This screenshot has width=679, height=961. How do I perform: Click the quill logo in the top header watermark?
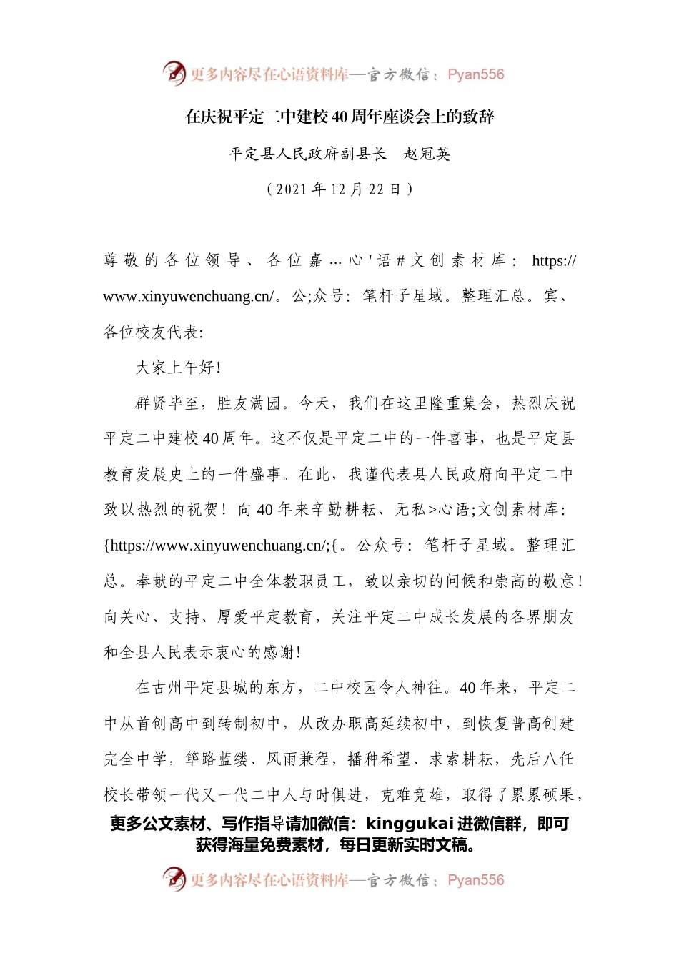[174, 73]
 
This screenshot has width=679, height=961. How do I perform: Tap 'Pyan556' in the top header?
[475, 74]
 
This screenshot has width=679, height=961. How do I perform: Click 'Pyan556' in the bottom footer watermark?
[475, 880]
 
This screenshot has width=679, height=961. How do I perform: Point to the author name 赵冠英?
[427, 154]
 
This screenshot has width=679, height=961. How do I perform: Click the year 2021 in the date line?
[291, 189]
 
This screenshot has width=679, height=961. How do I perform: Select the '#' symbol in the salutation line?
[401, 261]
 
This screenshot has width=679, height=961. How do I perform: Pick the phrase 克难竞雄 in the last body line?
[412, 795]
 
